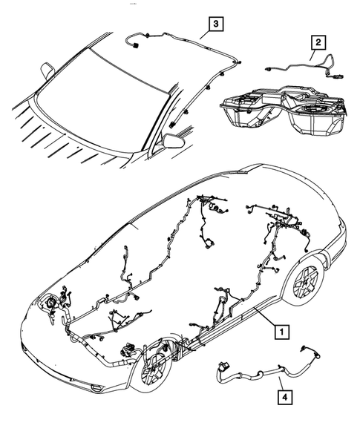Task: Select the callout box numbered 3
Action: click(215, 25)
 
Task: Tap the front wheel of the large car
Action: click(152, 367)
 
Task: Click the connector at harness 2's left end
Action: click(264, 68)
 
